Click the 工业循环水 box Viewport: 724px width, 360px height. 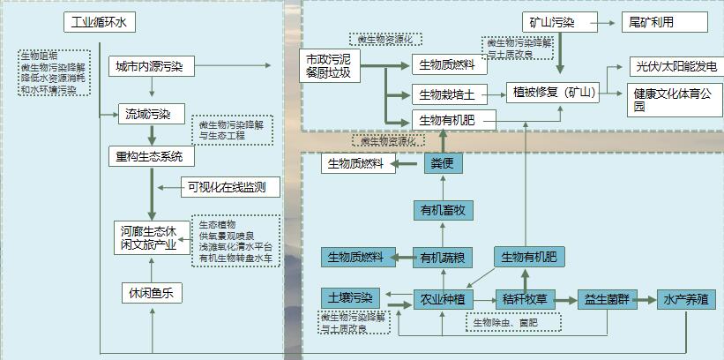pos(99,22)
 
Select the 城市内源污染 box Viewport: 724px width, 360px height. pos(151,66)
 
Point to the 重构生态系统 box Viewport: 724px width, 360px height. pos(151,157)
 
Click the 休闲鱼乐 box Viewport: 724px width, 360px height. pos(151,292)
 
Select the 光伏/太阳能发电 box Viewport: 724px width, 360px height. pos(675,66)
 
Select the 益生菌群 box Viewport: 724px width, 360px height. pos(606,299)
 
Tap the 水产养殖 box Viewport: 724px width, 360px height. pos(685,299)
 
